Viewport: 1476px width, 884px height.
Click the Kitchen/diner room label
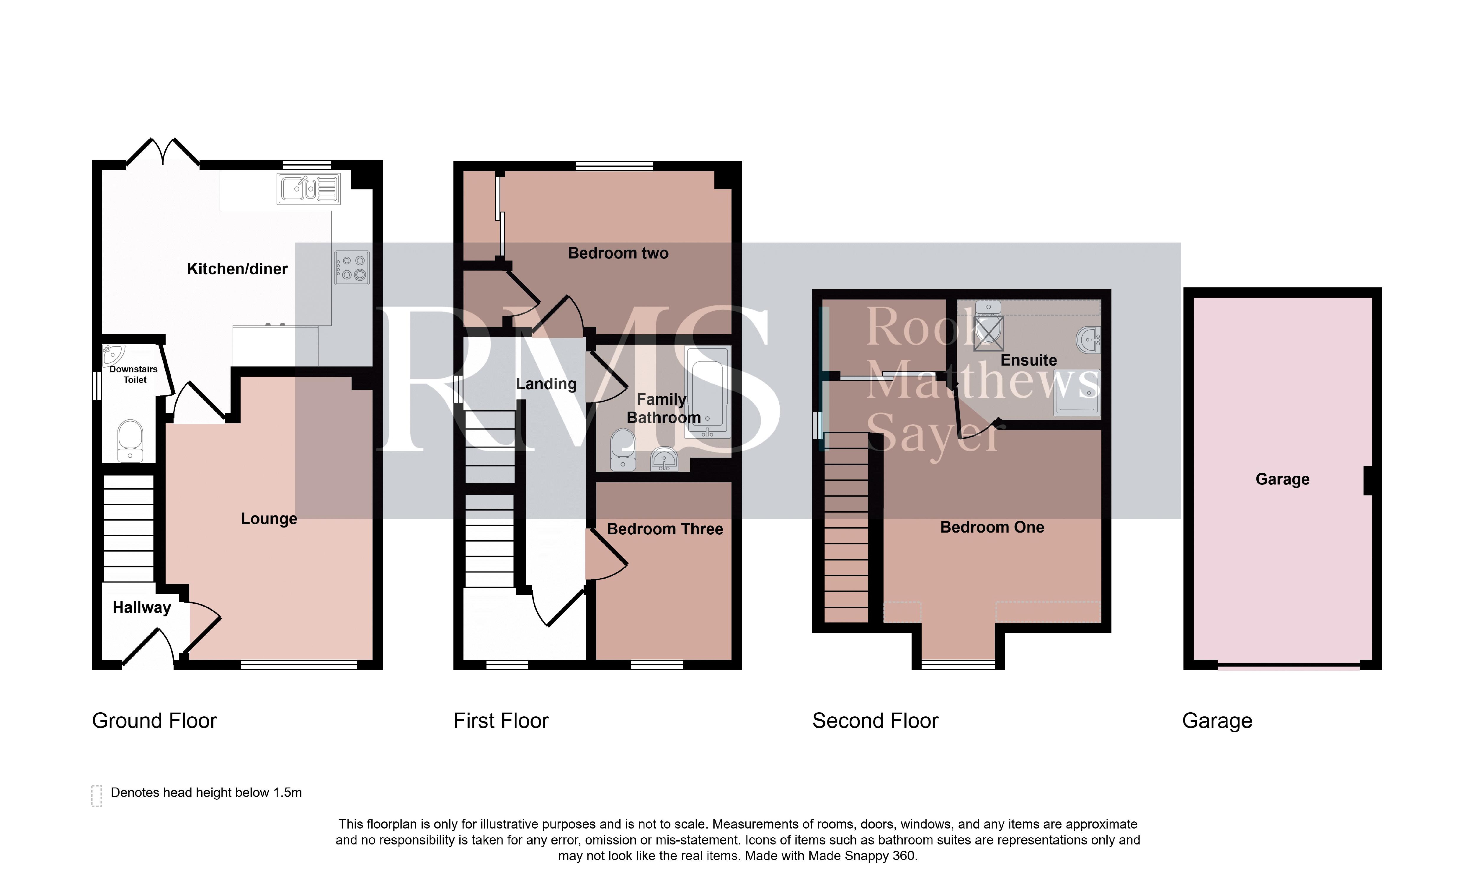(x=237, y=269)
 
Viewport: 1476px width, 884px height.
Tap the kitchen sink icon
(x=309, y=189)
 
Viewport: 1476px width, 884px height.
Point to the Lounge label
(x=269, y=519)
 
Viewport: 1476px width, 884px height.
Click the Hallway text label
(x=142, y=608)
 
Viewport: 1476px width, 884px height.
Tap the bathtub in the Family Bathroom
(x=707, y=392)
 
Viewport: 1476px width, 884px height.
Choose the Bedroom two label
(x=618, y=253)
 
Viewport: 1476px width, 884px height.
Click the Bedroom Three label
(x=665, y=529)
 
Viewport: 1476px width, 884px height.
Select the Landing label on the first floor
(x=546, y=384)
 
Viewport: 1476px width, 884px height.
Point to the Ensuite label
(x=1028, y=360)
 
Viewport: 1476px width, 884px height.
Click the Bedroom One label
(x=992, y=527)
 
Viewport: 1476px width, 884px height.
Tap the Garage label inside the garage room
(x=1282, y=479)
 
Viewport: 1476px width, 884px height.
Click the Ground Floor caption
(x=154, y=721)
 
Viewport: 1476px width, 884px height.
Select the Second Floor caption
(x=875, y=721)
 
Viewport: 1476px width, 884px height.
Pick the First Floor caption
(x=501, y=721)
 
